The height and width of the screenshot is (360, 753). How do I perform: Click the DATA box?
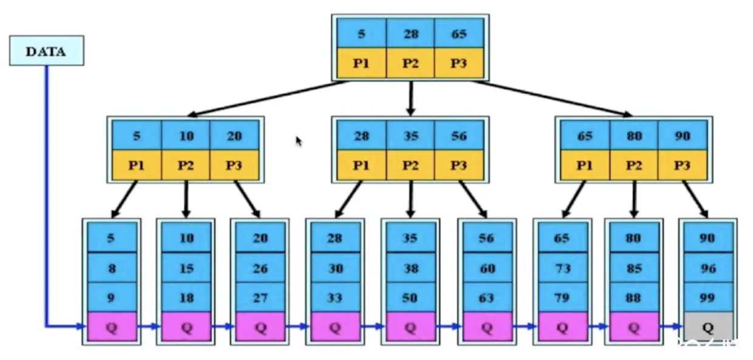pyautogui.click(x=46, y=51)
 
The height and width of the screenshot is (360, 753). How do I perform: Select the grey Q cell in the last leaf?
pyautogui.click(x=707, y=327)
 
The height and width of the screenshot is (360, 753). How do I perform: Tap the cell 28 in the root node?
pyautogui.click(x=411, y=34)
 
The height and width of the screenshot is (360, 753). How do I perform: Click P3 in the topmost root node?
pyautogui.click(x=459, y=64)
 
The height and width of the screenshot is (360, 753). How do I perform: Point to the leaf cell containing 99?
pyautogui.click(x=707, y=297)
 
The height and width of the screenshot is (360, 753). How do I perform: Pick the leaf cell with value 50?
pyautogui.click(x=411, y=297)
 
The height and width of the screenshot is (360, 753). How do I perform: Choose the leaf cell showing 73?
pyautogui.click(x=562, y=268)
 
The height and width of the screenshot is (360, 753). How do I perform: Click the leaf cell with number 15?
pyautogui.click(x=186, y=268)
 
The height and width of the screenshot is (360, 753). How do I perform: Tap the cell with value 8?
pyautogui.click(x=111, y=268)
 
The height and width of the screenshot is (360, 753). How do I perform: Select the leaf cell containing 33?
pyautogui.click(x=335, y=297)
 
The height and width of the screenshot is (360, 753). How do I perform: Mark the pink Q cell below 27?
pyautogui.click(x=261, y=327)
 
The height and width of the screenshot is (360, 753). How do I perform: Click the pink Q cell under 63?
pyautogui.click(x=487, y=327)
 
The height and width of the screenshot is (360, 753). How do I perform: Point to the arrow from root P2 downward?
pyautogui.click(x=411, y=97)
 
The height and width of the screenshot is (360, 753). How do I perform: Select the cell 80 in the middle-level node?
pyautogui.click(x=633, y=135)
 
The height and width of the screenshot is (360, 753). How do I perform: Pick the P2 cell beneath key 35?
pyautogui.click(x=411, y=165)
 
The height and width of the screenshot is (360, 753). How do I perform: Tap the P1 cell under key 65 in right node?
pyautogui.click(x=585, y=165)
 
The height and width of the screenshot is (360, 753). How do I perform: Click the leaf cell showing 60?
pyautogui.click(x=487, y=268)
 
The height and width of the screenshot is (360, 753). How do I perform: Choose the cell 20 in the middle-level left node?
pyautogui.click(x=234, y=135)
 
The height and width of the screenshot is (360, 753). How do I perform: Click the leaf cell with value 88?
pyautogui.click(x=633, y=297)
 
